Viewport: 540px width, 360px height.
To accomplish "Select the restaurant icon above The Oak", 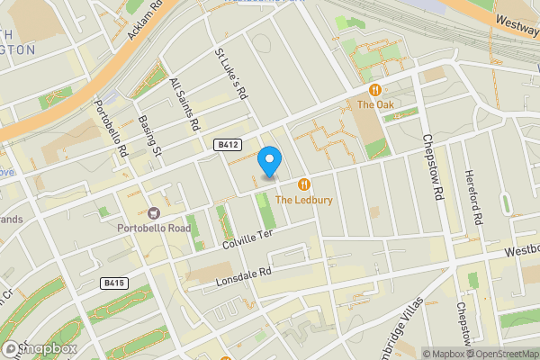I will tap(374, 90).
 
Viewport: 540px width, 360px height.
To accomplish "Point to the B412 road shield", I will tap(227, 144).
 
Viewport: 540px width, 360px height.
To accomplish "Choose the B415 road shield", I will tap(114, 283).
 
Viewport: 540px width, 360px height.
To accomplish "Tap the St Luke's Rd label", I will tap(229, 72).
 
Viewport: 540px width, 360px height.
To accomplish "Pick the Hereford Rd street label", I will tap(474, 197).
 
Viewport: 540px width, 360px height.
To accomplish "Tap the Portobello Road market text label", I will tap(154, 229).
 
